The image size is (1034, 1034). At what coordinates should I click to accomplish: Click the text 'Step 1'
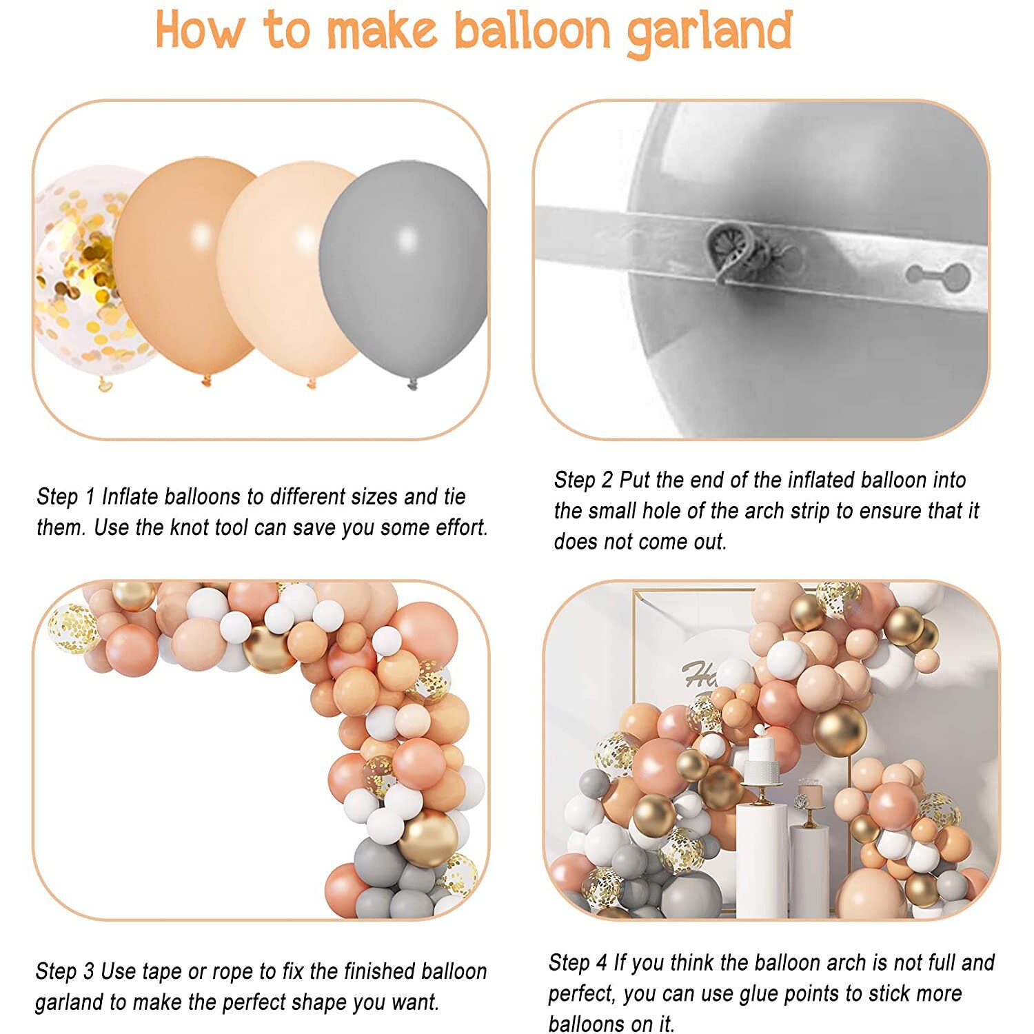[x=65, y=496]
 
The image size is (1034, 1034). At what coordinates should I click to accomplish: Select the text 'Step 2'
[x=583, y=480]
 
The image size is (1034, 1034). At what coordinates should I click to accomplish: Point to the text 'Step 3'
[x=65, y=971]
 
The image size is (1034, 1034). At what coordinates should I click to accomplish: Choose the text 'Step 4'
[x=578, y=962]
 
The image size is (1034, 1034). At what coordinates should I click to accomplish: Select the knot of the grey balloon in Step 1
[x=412, y=384]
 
